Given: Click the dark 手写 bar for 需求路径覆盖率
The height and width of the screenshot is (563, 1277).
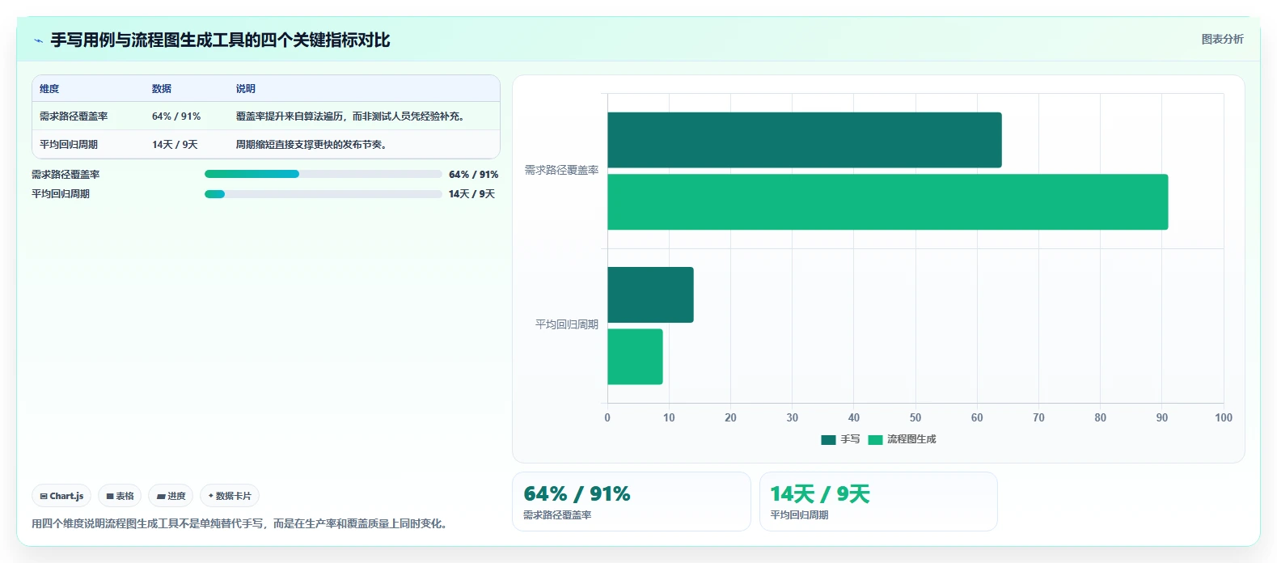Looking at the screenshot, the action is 805,140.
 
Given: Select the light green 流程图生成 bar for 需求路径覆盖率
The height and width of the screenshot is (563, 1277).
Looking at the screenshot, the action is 888,202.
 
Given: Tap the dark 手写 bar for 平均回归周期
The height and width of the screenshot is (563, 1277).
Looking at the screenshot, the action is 650,295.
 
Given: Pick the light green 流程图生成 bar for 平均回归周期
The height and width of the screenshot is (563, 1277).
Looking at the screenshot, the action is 635,357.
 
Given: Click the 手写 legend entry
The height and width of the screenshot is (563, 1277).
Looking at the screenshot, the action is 840,439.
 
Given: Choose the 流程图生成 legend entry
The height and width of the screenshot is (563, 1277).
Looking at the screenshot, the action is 902,439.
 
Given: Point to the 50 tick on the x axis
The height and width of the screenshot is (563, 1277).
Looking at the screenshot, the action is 915,417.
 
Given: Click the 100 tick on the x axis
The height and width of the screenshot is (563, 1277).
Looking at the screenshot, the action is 1224,417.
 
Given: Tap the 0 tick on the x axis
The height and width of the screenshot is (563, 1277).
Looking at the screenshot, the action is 607,417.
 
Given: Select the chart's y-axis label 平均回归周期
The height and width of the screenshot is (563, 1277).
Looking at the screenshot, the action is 567,324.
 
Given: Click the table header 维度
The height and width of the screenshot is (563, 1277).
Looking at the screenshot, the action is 49,88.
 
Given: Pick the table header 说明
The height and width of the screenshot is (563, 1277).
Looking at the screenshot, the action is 246,88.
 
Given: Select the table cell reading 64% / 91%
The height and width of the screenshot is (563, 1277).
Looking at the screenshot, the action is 176,116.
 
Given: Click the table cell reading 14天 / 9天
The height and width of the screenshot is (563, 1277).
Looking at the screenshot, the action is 175,144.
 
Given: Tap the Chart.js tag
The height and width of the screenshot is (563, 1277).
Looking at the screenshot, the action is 61,496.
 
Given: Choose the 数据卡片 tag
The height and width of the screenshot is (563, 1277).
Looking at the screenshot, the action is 229,496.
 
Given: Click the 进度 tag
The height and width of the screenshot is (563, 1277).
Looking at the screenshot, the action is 171,496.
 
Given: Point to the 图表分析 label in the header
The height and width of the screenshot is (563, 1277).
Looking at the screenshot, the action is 1222,40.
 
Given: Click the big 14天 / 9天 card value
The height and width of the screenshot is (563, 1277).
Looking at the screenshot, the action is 820,494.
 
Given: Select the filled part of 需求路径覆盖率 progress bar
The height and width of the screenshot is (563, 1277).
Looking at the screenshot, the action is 252,174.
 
